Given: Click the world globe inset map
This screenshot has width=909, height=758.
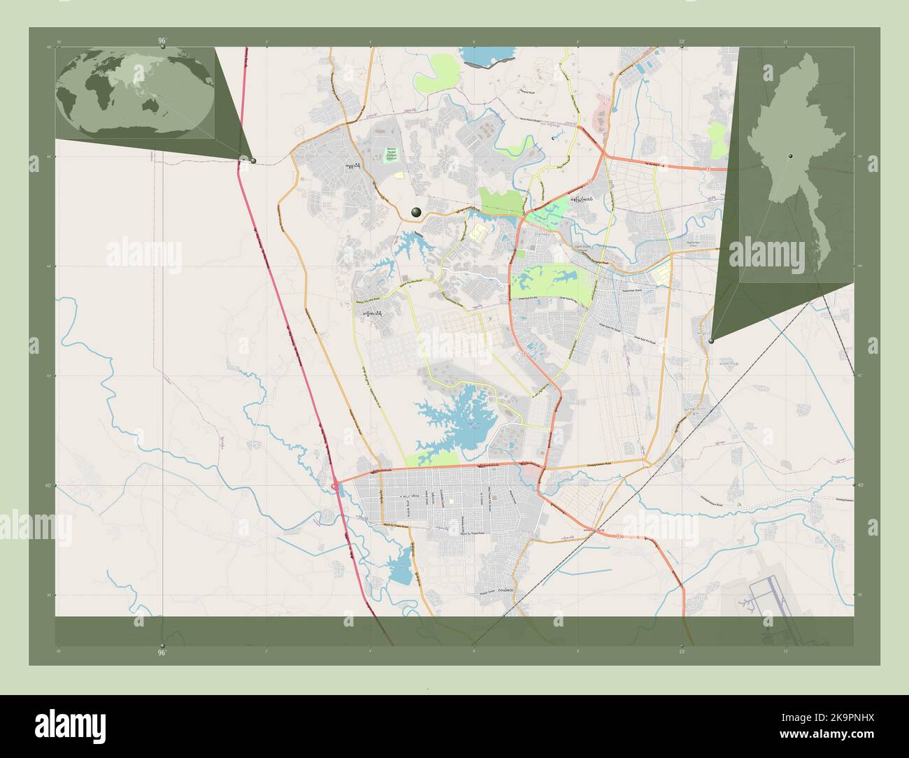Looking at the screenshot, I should click(x=136, y=93).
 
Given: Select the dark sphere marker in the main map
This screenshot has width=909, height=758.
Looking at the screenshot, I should click(x=417, y=211).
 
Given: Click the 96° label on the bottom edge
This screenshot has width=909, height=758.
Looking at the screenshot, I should click(x=162, y=653).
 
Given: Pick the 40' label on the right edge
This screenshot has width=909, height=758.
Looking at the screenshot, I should click(x=860, y=485).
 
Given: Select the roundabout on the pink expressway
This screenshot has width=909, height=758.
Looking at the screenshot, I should click(x=335, y=485).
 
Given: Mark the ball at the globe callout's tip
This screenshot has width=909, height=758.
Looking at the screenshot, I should click(x=253, y=161).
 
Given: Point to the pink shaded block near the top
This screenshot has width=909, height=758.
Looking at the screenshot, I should click(x=600, y=115).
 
